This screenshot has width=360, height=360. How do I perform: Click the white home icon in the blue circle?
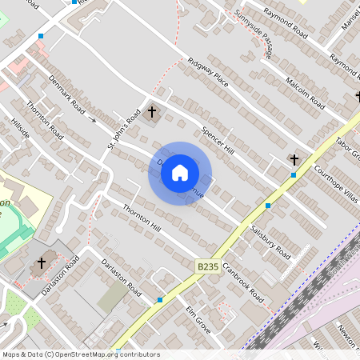pyautogui.click(x=180, y=172)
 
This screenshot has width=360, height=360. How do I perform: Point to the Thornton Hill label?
pyautogui.click(x=142, y=220)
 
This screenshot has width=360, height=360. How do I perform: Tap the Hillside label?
pyautogui.click(x=20, y=129)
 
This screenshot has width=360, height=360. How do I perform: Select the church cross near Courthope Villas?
pyautogui.click(x=294, y=160)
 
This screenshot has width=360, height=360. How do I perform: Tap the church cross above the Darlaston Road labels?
pyautogui.click(x=42, y=262)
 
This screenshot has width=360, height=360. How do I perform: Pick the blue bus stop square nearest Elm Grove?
pyautogui.click(x=160, y=299)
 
